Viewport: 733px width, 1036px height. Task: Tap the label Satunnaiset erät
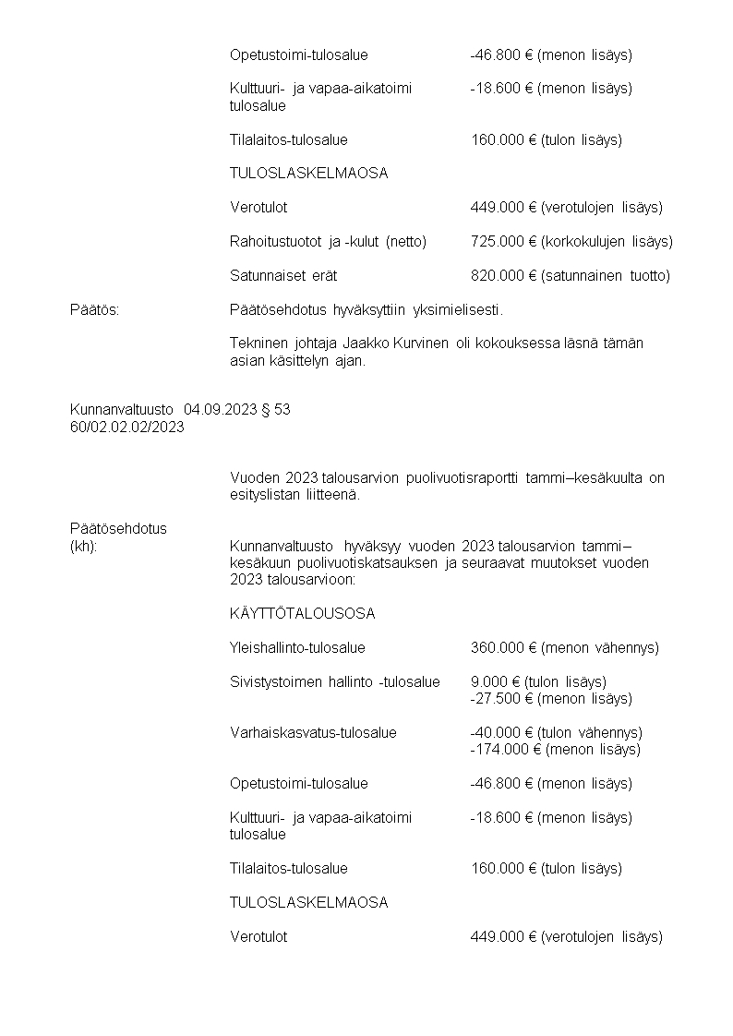pyautogui.click(x=283, y=275)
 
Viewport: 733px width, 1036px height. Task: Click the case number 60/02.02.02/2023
pyautogui.click(x=126, y=426)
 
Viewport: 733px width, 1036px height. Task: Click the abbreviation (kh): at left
pyautogui.click(x=84, y=546)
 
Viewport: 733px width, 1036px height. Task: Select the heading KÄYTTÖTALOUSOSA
pyautogui.click(x=302, y=614)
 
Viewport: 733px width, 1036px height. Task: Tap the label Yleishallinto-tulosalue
pyautogui.click(x=297, y=648)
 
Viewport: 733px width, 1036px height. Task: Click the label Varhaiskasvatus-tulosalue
pyautogui.click(x=313, y=733)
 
